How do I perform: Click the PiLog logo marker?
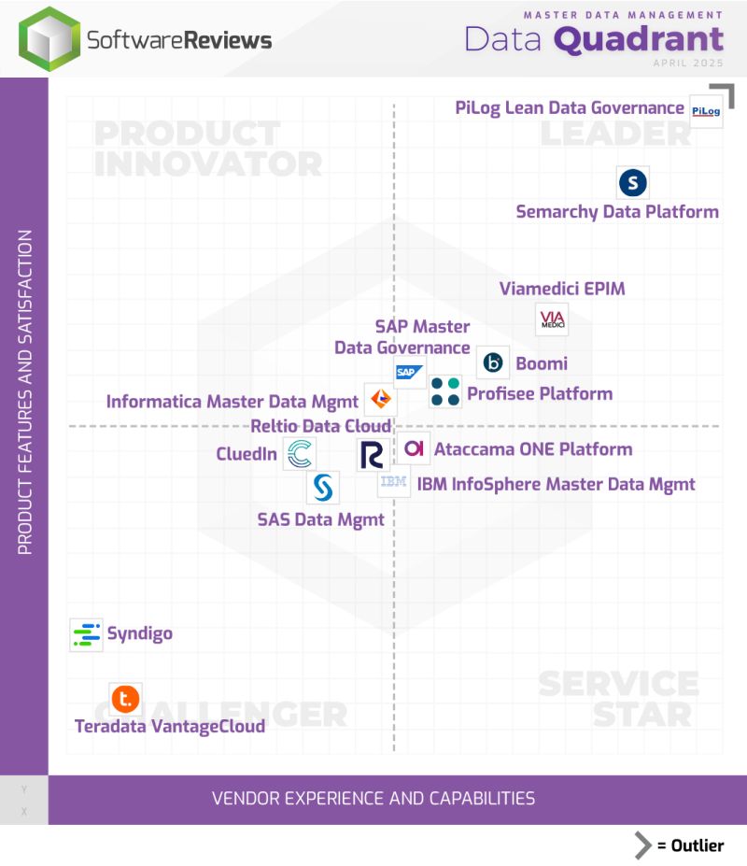706,111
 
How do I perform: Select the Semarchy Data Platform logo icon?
633,182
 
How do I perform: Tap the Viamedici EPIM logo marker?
551,320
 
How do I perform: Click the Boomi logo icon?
493,362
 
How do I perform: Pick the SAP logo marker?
408,372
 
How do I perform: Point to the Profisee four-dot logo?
445,391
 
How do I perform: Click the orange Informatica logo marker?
380,400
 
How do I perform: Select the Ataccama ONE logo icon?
414,448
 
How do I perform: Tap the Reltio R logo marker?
372,455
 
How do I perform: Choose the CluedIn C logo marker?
300,455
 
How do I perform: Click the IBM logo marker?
393,482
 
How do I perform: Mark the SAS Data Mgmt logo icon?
322,487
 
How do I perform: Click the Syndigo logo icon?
86,634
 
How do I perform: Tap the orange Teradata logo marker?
125,698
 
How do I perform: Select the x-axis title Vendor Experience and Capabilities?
373,799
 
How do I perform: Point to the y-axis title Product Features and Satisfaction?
25,392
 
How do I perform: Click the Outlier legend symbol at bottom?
643,845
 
